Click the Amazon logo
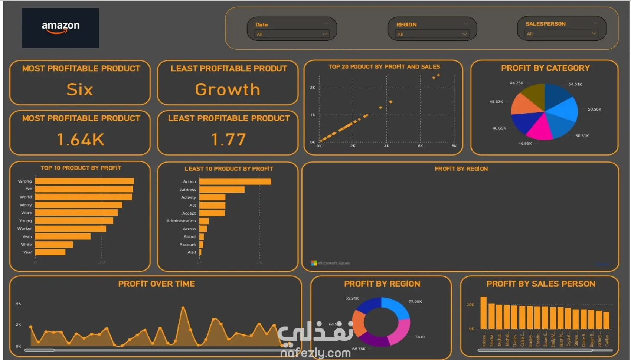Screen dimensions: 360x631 (x=60, y=28)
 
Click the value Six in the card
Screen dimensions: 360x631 (x=79, y=89)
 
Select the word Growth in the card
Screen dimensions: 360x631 (x=228, y=89)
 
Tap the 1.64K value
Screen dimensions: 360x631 (x=80, y=140)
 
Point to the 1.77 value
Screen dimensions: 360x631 (x=228, y=140)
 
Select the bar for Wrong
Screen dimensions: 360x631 (x=84, y=181)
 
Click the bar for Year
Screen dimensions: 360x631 (x=50, y=252)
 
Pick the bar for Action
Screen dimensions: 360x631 (x=235, y=181)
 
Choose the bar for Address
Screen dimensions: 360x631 (x=222, y=190)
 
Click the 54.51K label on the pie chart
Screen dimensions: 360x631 (x=575, y=84)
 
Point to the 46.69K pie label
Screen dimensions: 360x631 (x=499, y=128)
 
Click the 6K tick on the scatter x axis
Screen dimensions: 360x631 (x=420, y=146)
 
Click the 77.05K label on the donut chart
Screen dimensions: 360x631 (x=415, y=302)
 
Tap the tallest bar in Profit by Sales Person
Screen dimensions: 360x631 (x=483, y=312)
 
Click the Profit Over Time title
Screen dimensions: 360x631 (x=156, y=284)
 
